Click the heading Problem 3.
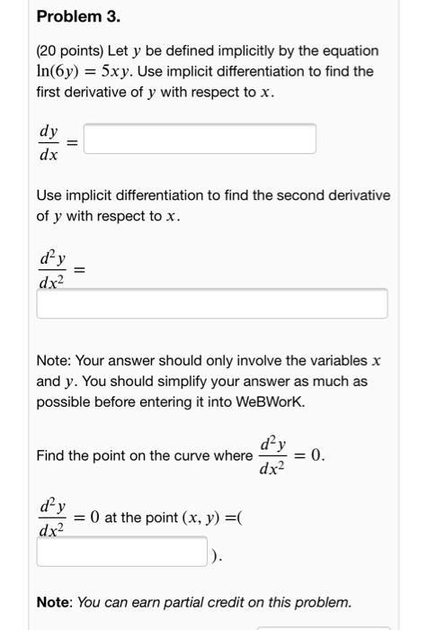(x=78, y=17)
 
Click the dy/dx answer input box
(x=200, y=139)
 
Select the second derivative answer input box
(x=212, y=303)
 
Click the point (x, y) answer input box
(x=122, y=552)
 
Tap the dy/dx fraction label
(x=49, y=141)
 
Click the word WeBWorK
(x=268, y=400)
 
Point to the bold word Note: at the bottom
(x=54, y=602)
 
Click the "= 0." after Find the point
(x=312, y=455)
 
